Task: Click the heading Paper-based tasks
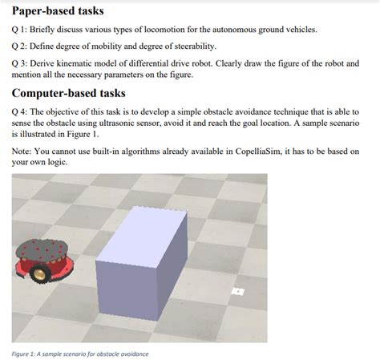click(x=58, y=12)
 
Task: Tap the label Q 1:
click(x=21, y=30)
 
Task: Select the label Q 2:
click(x=21, y=47)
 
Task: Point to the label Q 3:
click(x=21, y=63)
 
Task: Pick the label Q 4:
click(x=21, y=112)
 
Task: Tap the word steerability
click(x=190, y=47)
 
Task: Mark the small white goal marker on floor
click(x=236, y=291)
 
